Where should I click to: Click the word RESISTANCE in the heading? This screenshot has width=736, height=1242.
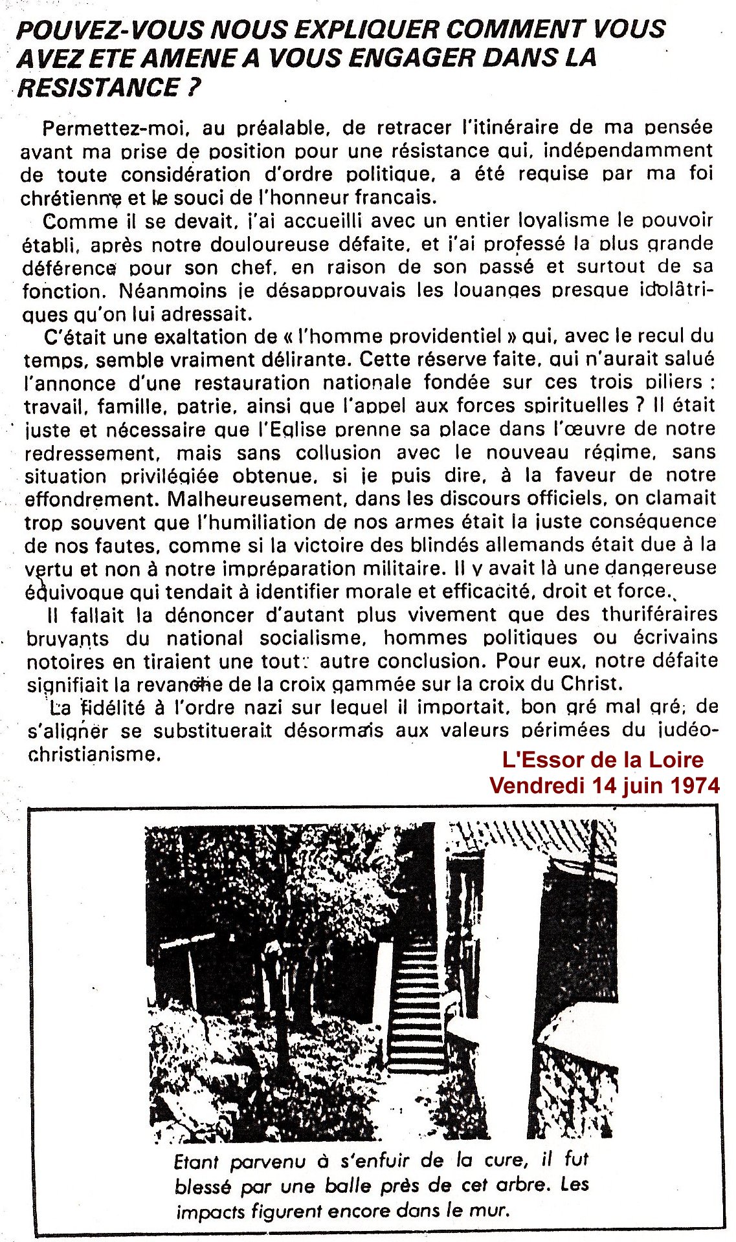click(x=97, y=87)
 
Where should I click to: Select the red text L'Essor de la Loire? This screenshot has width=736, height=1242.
click(x=602, y=759)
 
